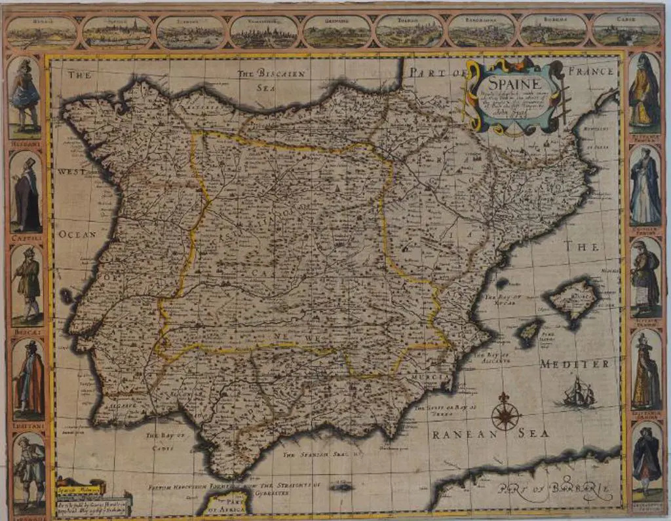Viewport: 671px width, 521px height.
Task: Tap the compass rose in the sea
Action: point(505,413)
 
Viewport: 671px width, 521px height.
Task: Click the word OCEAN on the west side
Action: point(77,234)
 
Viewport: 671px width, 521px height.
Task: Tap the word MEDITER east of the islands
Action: point(575,364)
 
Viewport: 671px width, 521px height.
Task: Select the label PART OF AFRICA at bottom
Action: point(227,503)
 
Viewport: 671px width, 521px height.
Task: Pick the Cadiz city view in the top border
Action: point(626,30)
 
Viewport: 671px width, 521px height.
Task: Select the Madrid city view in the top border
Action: point(41,31)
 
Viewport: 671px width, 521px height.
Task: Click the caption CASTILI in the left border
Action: point(26,240)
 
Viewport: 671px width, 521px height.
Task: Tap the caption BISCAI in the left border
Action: point(26,332)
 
